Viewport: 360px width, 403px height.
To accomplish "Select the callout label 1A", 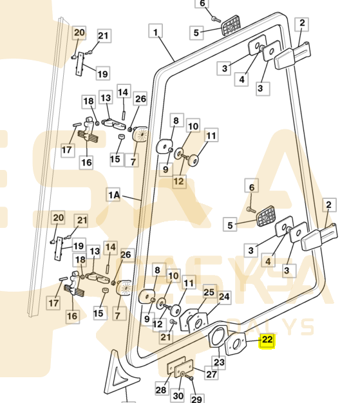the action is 113,195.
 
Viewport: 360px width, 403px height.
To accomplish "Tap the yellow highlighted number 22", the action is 267,341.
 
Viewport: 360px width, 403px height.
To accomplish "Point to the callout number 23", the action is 219,362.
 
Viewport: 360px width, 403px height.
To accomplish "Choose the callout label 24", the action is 224,297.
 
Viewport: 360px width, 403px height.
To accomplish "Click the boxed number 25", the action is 209,292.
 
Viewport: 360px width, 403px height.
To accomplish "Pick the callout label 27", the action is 211,374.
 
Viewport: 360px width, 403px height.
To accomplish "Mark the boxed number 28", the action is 161,390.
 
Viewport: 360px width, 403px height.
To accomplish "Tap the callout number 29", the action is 196,398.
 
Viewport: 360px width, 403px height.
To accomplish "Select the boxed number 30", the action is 178,395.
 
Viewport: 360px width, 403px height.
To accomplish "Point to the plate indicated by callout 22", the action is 236,344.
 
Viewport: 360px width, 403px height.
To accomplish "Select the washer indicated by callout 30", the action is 182,373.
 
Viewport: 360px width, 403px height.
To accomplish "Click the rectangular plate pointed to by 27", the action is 184,368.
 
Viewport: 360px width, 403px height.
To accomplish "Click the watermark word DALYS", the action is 270,327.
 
